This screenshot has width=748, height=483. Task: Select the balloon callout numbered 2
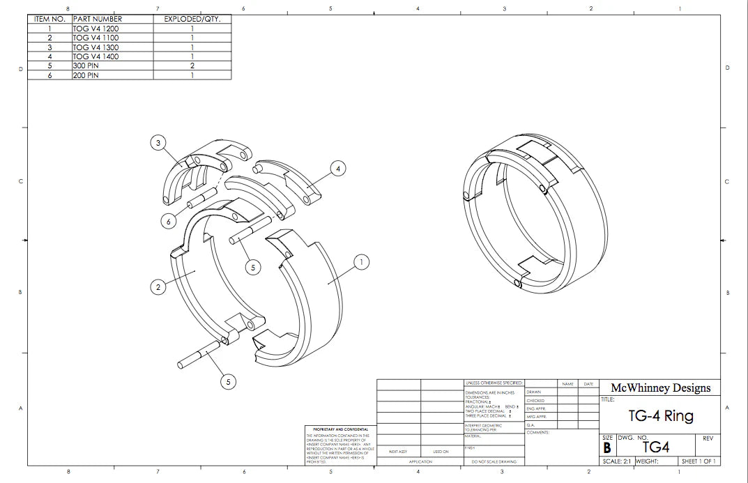[158, 286]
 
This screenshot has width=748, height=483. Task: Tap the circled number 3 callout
[158, 143]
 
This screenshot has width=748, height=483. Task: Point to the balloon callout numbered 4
[338, 168]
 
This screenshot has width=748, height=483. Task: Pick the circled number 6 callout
[168, 221]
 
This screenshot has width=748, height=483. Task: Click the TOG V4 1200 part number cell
[96, 29]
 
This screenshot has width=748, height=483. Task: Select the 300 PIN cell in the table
[86, 66]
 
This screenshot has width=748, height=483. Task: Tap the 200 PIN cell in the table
[86, 75]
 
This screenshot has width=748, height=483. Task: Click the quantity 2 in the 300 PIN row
[192, 66]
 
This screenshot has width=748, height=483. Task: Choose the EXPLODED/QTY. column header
[192, 19]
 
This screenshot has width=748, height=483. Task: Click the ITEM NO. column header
[49, 19]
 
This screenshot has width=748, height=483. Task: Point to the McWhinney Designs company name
[660, 388]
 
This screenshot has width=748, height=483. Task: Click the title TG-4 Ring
[660, 416]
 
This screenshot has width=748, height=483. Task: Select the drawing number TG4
[655, 447]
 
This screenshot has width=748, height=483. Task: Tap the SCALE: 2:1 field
[616, 461]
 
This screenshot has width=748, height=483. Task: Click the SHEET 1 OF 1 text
[699, 461]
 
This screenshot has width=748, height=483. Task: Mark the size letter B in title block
[606, 448]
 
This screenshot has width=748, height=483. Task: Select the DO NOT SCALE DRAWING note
[493, 461]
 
